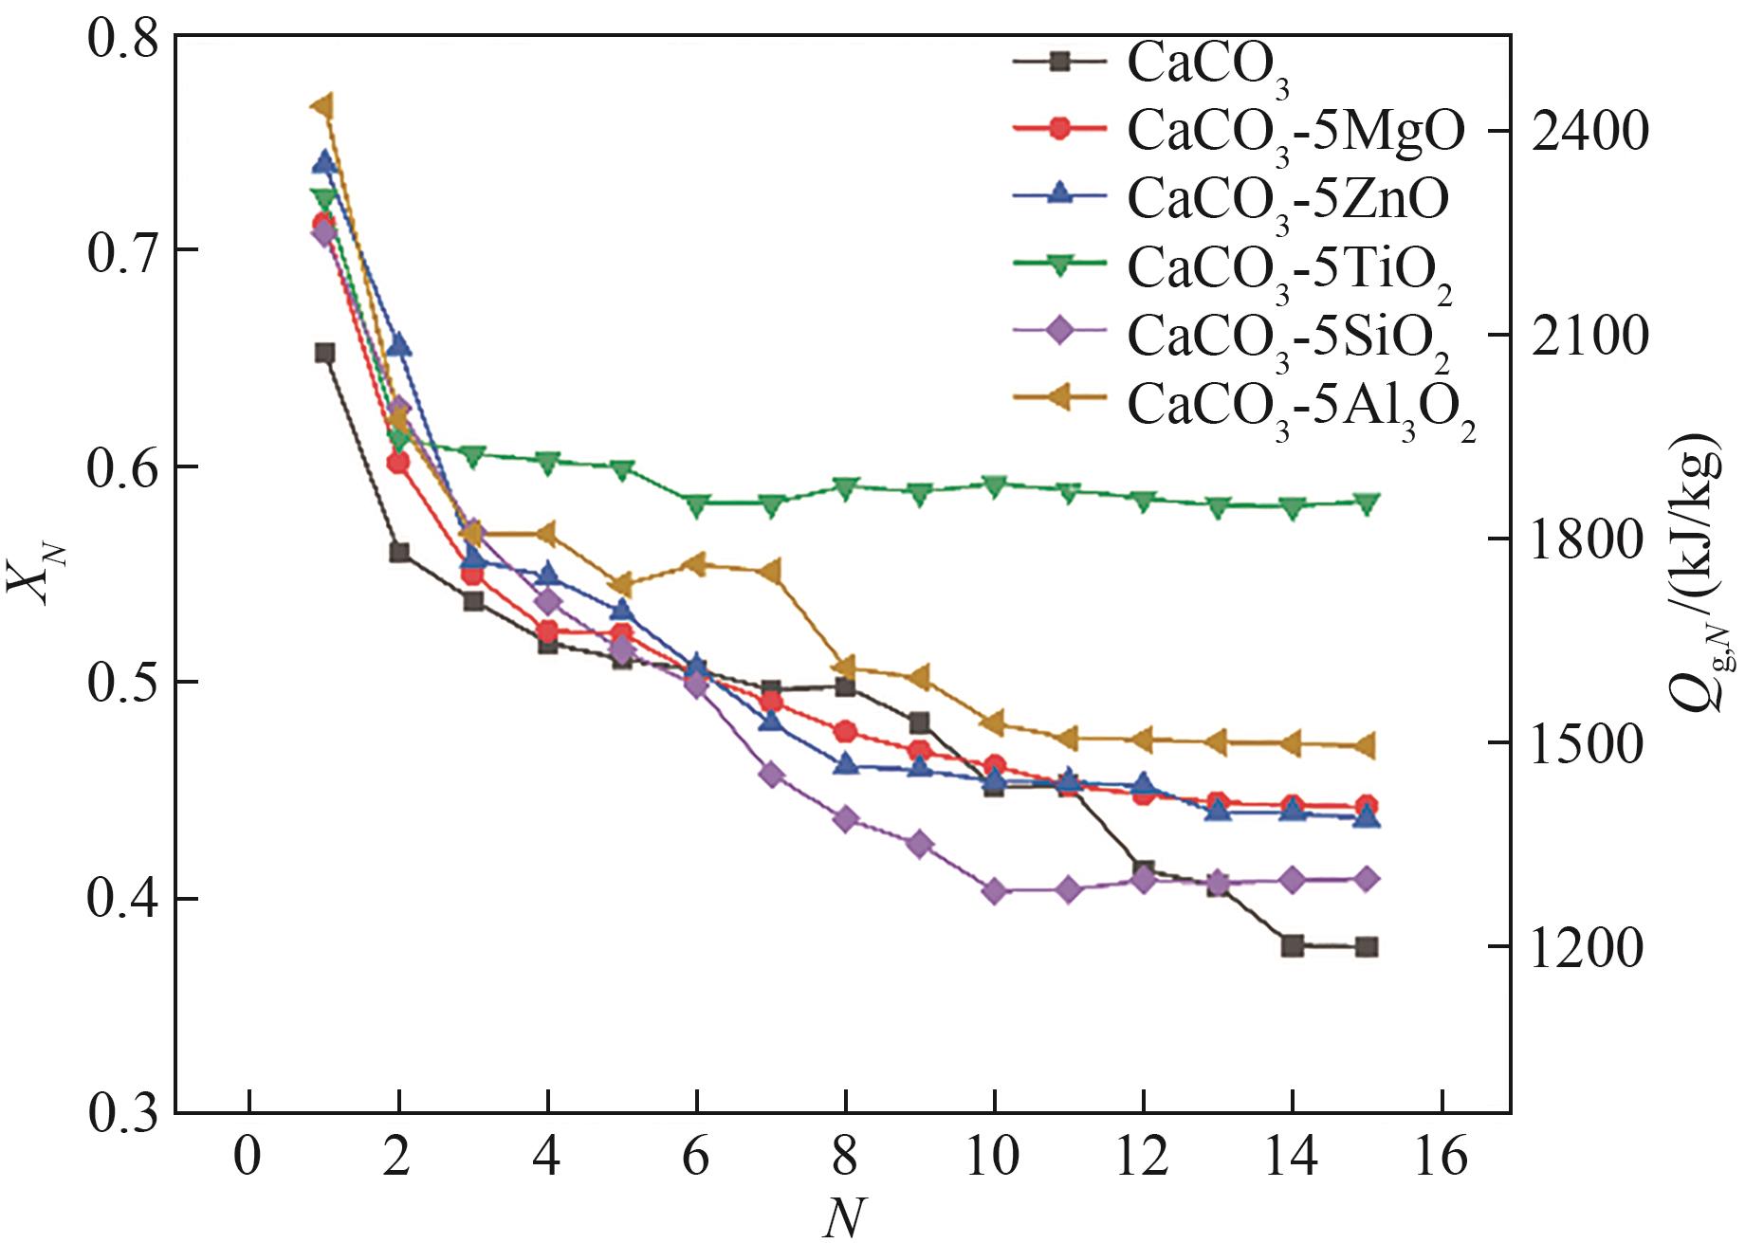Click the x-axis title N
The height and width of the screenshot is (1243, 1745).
[x=843, y=1218]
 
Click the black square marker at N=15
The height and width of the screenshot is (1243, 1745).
[x=1367, y=946]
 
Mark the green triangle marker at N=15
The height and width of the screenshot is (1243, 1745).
[x=1367, y=503]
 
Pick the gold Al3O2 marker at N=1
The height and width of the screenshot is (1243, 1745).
[x=324, y=105]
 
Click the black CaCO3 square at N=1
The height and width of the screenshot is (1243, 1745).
[x=324, y=354]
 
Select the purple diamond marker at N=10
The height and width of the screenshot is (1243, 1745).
[x=995, y=891]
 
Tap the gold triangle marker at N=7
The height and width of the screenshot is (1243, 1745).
[x=770, y=572]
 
